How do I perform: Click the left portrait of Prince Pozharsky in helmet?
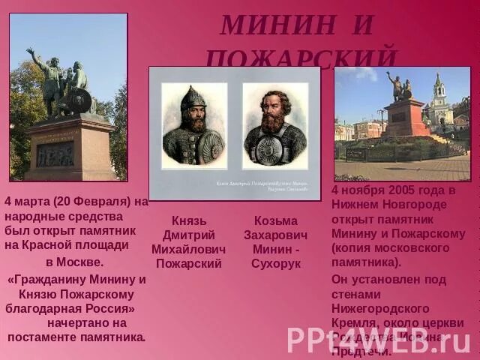coord(194,125)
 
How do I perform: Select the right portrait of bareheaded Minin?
coord(274,125)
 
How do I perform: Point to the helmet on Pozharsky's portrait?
coord(193,97)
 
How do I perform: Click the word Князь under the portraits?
coord(188,220)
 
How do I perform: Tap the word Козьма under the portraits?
coord(275,220)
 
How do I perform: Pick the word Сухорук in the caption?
coord(275,263)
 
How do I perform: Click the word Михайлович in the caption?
coord(188,249)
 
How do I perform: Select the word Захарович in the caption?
coord(275,235)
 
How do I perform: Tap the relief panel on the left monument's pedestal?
coord(56,154)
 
